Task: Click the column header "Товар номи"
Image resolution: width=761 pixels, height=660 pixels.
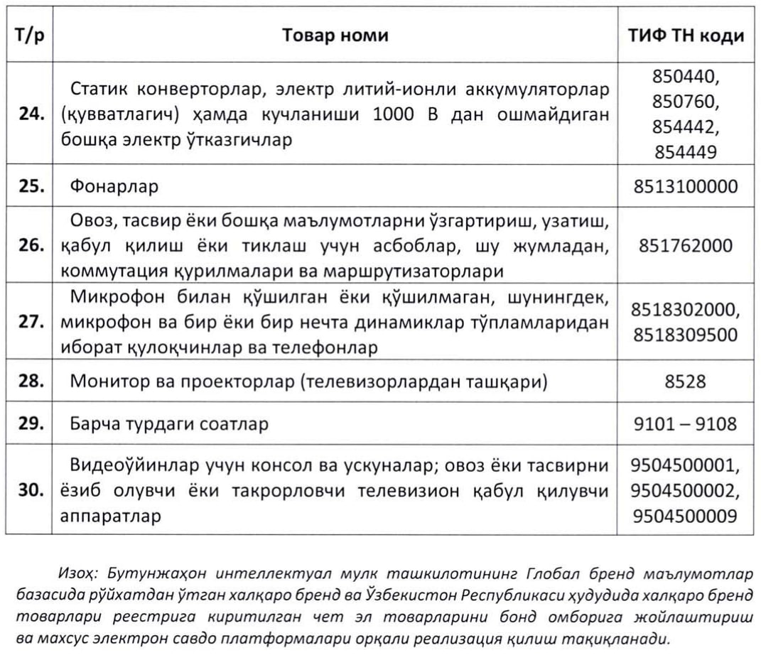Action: point(335,35)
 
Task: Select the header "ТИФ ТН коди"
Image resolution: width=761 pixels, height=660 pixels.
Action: point(686,35)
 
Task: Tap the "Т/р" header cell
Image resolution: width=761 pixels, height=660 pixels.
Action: point(29,35)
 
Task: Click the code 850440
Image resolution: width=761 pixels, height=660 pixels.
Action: point(686,76)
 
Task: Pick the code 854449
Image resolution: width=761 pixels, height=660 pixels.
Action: point(686,151)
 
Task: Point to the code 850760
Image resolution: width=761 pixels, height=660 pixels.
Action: point(686,101)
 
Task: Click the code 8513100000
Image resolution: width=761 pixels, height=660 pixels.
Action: point(686,187)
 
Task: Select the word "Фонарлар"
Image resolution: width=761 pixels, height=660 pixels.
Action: point(114,187)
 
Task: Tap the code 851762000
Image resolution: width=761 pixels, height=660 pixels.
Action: point(686,245)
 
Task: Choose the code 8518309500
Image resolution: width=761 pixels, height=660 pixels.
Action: point(686,334)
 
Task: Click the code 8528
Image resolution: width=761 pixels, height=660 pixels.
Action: point(686,382)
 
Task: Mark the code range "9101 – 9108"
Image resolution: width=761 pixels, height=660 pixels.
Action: point(686,424)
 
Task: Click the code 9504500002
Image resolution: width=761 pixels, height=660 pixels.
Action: point(686,489)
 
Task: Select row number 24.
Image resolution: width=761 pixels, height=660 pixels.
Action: point(33,114)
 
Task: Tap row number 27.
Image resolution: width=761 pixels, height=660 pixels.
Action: point(33,321)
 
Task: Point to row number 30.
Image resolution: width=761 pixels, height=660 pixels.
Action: point(33,489)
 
